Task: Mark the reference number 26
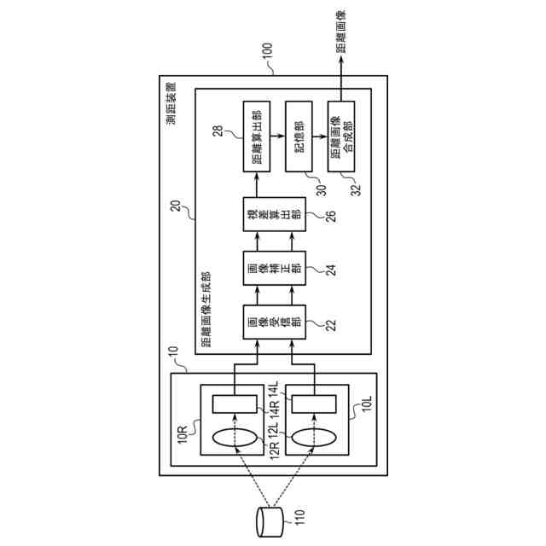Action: pyautogui.click(x=299, y=215)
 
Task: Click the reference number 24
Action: pyautogui.click(x=299, y=270)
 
